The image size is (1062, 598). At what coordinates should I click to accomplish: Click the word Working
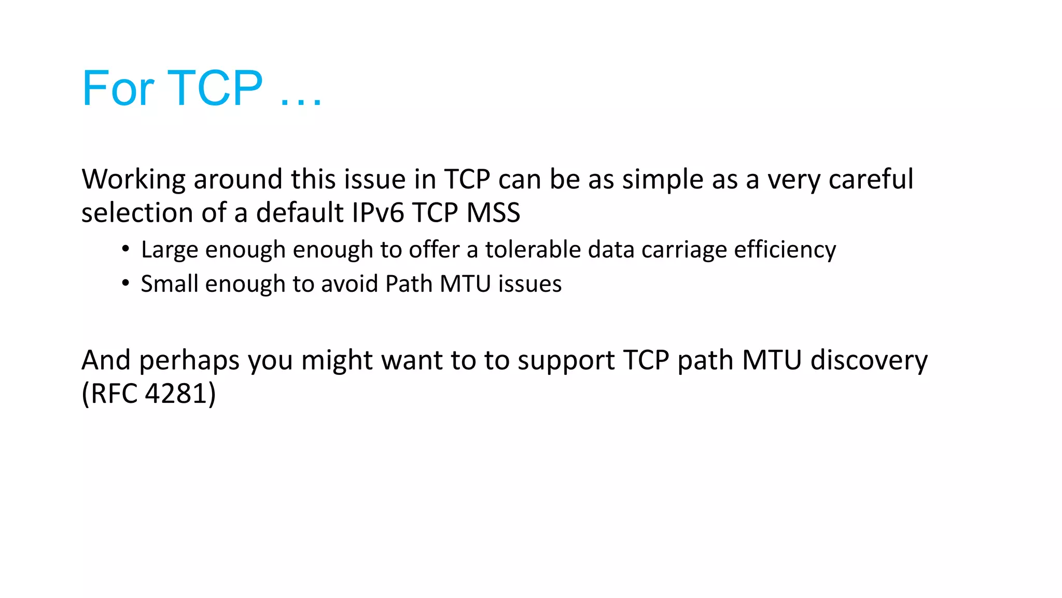(x=133, y=180)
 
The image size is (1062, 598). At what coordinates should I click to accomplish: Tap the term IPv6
(x=378, y=213)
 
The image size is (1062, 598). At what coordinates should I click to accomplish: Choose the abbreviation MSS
(x=493, y=213)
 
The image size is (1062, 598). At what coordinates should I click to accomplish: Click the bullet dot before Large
(x=125, y=249)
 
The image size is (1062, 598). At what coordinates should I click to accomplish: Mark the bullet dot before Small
(x=125, y=283)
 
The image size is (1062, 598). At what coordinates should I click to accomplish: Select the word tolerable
(x=532, y=250)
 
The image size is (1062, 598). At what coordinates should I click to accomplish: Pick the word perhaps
(x=189, y=361)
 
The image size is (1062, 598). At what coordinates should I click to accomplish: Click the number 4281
(x=176, y=393)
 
